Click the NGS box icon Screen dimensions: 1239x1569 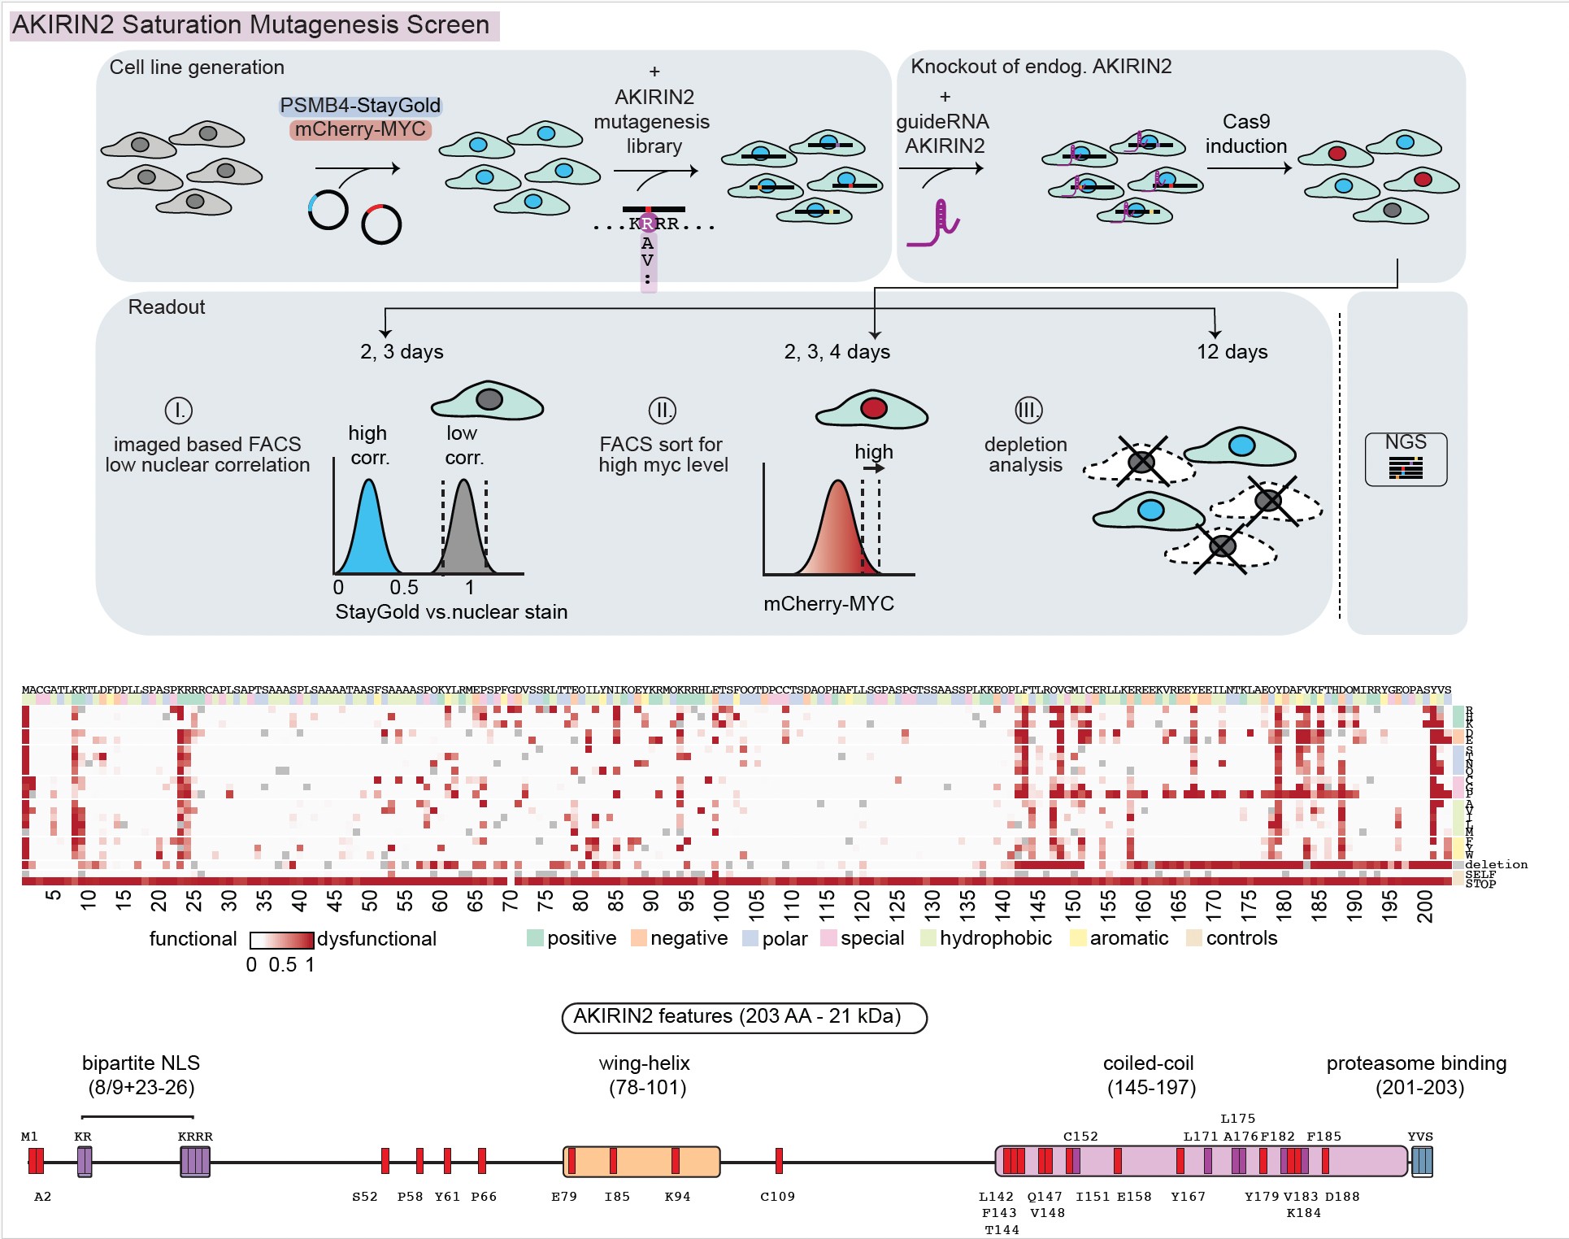coord(1406,459)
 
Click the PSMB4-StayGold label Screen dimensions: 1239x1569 coord(360,106)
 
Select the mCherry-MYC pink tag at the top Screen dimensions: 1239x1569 coord(360,129)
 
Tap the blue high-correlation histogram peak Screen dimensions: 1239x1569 coord(369,528)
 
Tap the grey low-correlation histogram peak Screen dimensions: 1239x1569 coord(463,528)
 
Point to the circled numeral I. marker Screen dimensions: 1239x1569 coord(178,410)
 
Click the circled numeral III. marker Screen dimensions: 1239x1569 coord(1028,410)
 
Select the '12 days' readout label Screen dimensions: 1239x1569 coord(1232,352)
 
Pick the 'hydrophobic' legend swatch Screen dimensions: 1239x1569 coord(928,938)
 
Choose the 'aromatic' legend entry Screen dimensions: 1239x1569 coord(1129,938)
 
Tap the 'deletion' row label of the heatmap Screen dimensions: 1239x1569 coord(1496,865)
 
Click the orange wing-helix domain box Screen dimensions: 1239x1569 coord(641,1161)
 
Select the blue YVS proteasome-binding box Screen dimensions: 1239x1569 coord(1422,1161)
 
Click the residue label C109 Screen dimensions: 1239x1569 coord(777,1197)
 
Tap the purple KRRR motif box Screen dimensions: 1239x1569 coord(195,1161)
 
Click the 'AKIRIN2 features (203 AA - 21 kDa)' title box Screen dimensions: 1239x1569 coord(744,1017)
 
